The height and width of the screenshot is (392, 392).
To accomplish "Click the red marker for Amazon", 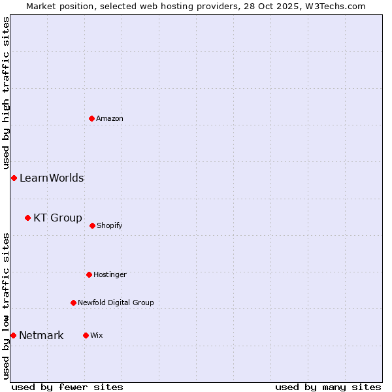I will tap(91, 118).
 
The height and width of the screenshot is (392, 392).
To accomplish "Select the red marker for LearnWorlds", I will tap(14, 178).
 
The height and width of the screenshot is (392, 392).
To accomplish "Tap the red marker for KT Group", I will tap(27, 218).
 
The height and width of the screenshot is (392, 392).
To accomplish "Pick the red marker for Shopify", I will tap(92, 225).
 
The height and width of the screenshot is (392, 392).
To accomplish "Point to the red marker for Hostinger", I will tap(89, 274).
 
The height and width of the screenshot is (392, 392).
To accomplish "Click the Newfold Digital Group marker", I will tap(73, 302).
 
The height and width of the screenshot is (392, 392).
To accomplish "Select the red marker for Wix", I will tap(86, 335).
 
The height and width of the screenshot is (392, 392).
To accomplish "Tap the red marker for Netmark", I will tap(13, 335).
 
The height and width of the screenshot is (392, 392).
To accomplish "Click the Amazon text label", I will tap(110, 118).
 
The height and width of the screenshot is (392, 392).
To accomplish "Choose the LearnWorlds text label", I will tap(52, 178).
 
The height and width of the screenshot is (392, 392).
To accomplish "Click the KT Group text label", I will tap(57, 218).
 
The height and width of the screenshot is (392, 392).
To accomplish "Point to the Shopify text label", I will tap(110, 225).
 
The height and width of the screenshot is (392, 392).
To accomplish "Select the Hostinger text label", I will tap(110, 274).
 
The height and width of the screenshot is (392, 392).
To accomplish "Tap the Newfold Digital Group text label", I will tap(116, 302).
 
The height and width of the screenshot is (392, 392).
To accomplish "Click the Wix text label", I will tap(97, 335).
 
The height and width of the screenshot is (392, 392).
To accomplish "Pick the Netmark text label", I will tap(41, 336).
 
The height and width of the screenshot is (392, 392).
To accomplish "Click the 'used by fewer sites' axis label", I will tap(67, 387).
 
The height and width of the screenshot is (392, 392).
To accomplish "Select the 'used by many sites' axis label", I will tap(328, 387).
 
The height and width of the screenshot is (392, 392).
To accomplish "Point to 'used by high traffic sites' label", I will tap(6, 93).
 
